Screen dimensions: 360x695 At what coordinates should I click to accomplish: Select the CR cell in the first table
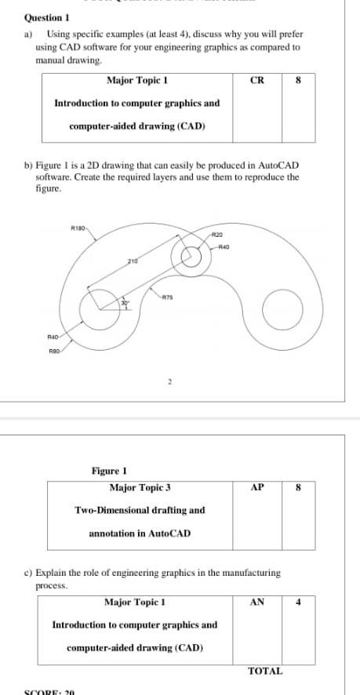(256, 80)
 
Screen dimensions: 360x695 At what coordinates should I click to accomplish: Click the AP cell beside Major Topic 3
(256, 487)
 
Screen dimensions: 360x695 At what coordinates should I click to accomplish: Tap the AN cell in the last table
(256, 602)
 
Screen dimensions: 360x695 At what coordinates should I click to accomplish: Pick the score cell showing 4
(298, 602)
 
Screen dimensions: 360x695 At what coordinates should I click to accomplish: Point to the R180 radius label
(78, 228)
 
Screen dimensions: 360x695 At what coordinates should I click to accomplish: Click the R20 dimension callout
(217, 235)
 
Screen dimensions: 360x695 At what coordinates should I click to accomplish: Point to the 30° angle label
(123, 303)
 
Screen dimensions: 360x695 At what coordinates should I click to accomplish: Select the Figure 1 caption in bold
(109, 471)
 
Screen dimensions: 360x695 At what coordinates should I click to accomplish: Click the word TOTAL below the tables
(265, 671)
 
